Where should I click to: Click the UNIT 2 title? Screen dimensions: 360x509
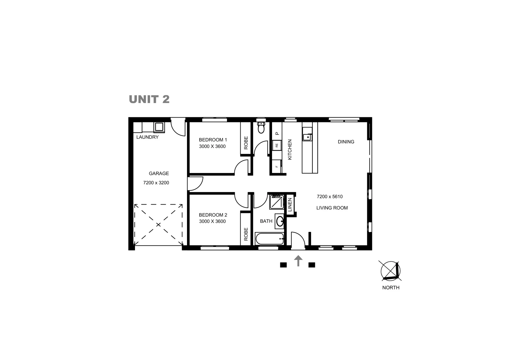[x=149, y=99]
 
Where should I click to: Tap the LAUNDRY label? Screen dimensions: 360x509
[x=147, y=137]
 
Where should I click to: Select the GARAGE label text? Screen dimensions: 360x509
[x=159, y=173]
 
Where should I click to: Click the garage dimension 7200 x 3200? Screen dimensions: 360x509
[x=156, y=183]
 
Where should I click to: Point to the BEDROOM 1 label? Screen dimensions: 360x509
[x=213, y=140]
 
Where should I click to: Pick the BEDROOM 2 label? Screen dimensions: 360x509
[x=213, y=215]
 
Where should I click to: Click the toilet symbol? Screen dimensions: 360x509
[x=261, y=127]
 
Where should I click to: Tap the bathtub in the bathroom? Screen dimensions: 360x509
[x=269, y=239]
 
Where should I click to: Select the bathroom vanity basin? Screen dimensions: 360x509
[x=280, y=221]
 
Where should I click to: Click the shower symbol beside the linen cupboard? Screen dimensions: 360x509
[x=276, y=202]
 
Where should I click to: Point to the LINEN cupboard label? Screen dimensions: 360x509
[x=290, y=205]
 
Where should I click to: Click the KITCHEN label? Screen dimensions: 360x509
[x=290, y=149]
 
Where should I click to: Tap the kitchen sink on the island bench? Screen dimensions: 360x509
[x=307, y=136]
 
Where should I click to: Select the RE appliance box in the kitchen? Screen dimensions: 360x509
[x=277, y=145]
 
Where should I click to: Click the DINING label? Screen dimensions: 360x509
[x=346, y=142]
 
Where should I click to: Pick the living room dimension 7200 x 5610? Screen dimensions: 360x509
[x=330, y=197]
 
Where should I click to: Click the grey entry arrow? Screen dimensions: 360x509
[x=298, y=261]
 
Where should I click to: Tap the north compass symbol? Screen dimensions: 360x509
[x=391, y=270]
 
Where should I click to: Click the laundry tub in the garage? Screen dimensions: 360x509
[x=159, y=127]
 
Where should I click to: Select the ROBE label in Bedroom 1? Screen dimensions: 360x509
[x=246, y=143]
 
